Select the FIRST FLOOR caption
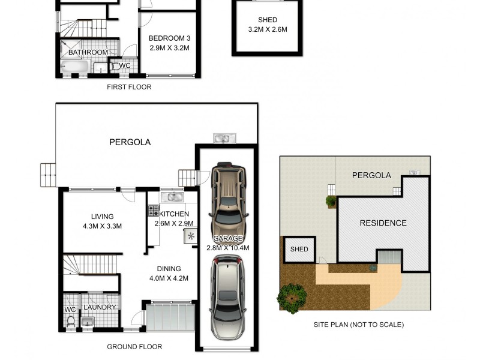[129, 87]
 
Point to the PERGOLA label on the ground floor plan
[130, 142]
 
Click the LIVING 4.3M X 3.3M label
[102, 221]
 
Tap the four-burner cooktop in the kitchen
[153, 211]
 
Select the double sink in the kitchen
[175, 196]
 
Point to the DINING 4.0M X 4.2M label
[169, 273]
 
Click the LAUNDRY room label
[100, 307]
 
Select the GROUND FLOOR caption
[134, 347]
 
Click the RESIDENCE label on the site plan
[383, 223]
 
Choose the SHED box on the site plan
[299, 250]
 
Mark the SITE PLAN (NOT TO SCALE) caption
[359, 325]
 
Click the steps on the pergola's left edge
[48, 175]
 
